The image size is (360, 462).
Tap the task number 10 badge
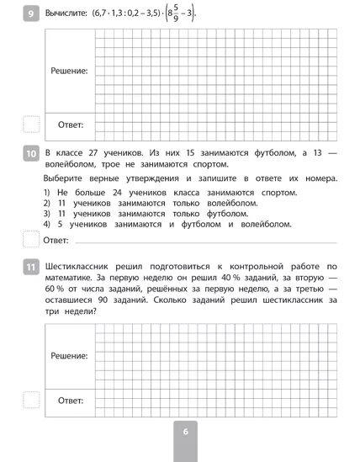click(31, 154)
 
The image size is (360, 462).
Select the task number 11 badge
click(31, 268)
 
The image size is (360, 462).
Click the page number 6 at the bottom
click(185, 432)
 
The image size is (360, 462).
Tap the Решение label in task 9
click(70, 71)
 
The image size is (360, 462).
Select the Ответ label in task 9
click(70, 125)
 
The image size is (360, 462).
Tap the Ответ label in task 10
click(56, 242)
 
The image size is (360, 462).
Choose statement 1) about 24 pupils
click(164, 193)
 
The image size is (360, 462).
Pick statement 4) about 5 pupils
click(167, 224)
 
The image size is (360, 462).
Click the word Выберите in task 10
click(69, 178)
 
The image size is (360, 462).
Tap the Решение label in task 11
click(70, 357)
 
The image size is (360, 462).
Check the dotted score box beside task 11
click(30, 401)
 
